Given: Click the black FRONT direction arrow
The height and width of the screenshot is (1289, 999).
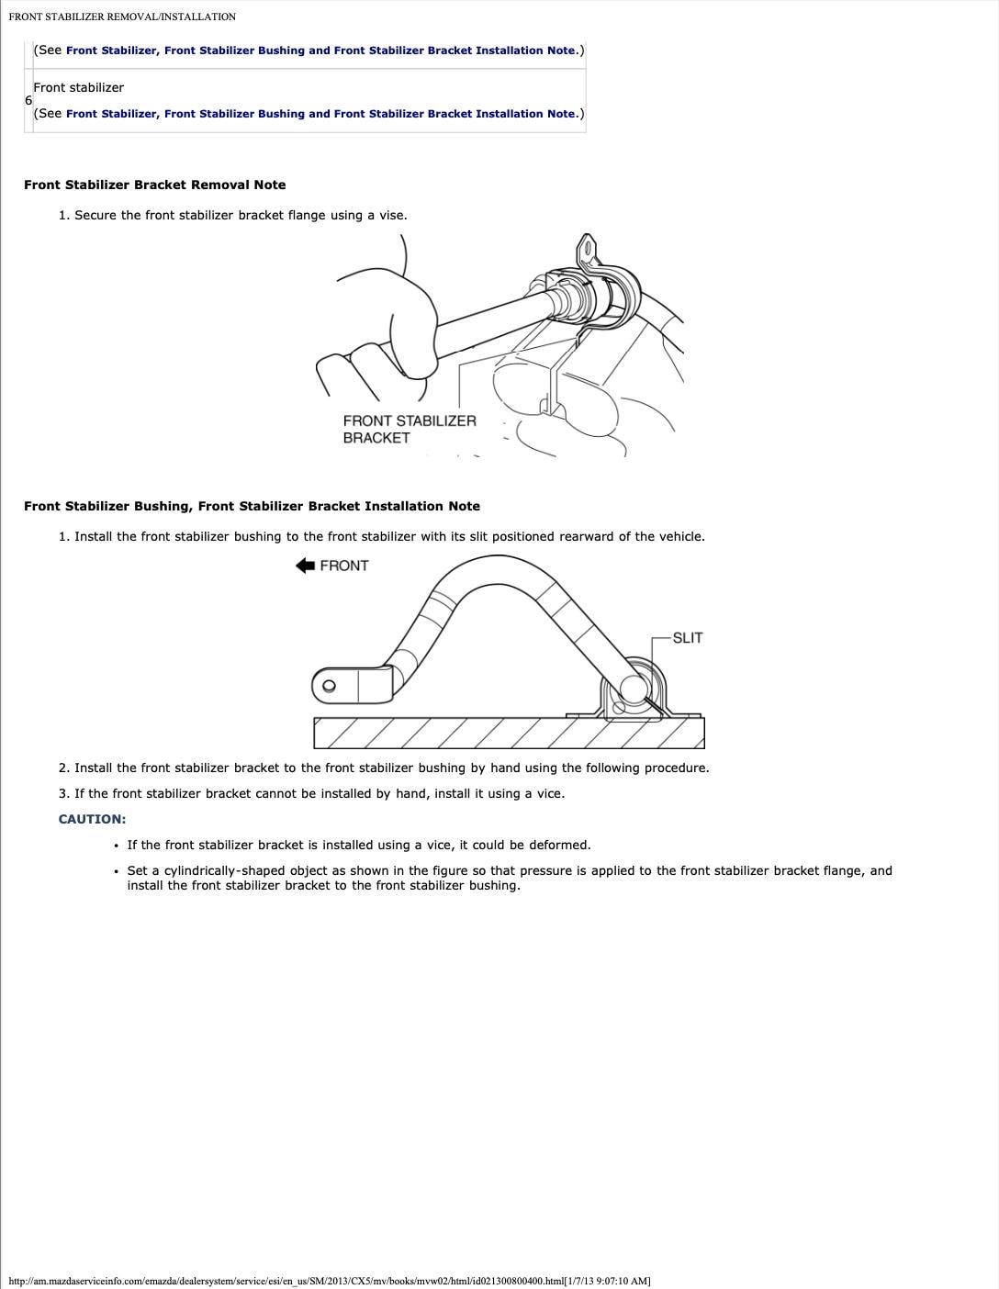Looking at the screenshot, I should [x=305, y=566].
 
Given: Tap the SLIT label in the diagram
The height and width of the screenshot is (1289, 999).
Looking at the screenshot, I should [x=687, y=638].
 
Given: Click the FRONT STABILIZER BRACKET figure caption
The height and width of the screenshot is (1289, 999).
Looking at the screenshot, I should [x=410, y=429].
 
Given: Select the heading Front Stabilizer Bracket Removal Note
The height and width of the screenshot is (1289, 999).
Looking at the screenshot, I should [x=154, y=185].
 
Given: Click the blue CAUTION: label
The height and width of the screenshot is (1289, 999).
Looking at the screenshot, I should [x=92, y=819].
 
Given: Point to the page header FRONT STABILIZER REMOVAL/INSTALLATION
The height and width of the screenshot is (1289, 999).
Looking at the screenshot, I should [x=122, y=17].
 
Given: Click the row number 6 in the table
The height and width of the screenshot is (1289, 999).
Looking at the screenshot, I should [x=28, y=100].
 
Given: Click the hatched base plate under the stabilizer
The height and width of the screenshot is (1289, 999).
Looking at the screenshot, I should [x=509, y=733].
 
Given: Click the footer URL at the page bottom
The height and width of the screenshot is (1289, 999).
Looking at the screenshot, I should [x=329, y=1281].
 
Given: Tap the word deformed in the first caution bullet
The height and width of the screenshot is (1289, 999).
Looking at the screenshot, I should [x=559, y=845].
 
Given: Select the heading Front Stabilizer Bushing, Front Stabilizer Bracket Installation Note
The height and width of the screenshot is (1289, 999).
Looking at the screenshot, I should [x=252, y=506].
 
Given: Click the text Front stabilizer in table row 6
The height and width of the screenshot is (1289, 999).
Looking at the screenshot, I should [x=78, y=87].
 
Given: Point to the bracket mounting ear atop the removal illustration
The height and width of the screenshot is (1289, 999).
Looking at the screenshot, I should [x=587, y=249].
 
